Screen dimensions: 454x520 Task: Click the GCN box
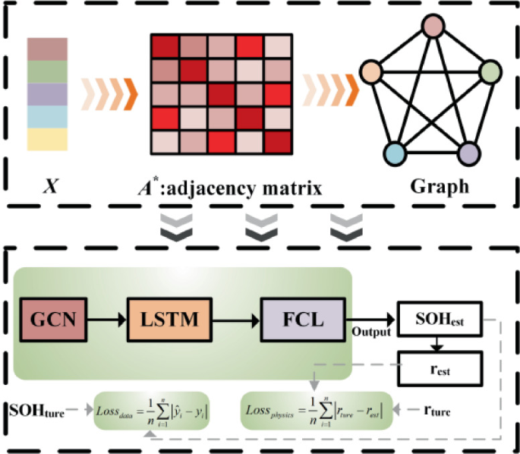click(x=54, y=320)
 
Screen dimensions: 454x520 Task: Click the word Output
click(x=370, y=333)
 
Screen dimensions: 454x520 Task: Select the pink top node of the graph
click(x=433, y=27)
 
